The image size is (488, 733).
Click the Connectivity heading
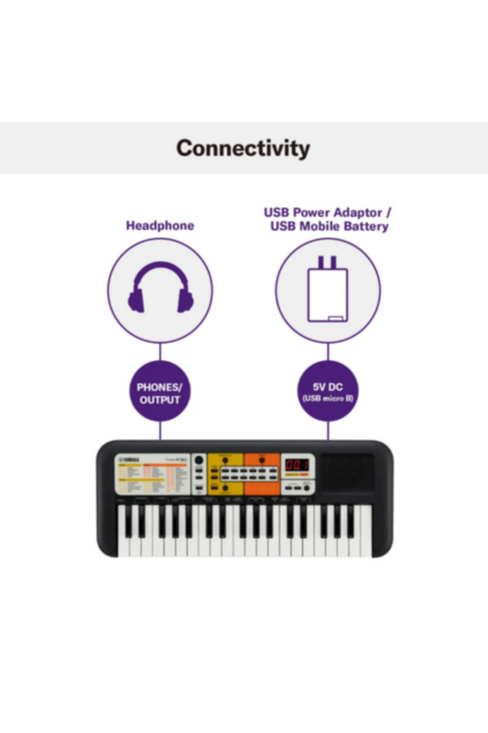[x=244, y=148]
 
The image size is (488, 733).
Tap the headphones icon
[x=160, y=290]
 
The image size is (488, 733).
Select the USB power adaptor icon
[x=328, y=290]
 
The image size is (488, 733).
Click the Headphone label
[x=160, y=225]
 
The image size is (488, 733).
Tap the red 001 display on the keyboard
[x=297, y=465]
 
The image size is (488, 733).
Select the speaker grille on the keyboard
[x=347, y=474]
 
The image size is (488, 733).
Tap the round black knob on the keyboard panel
[x=199, y=460]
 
